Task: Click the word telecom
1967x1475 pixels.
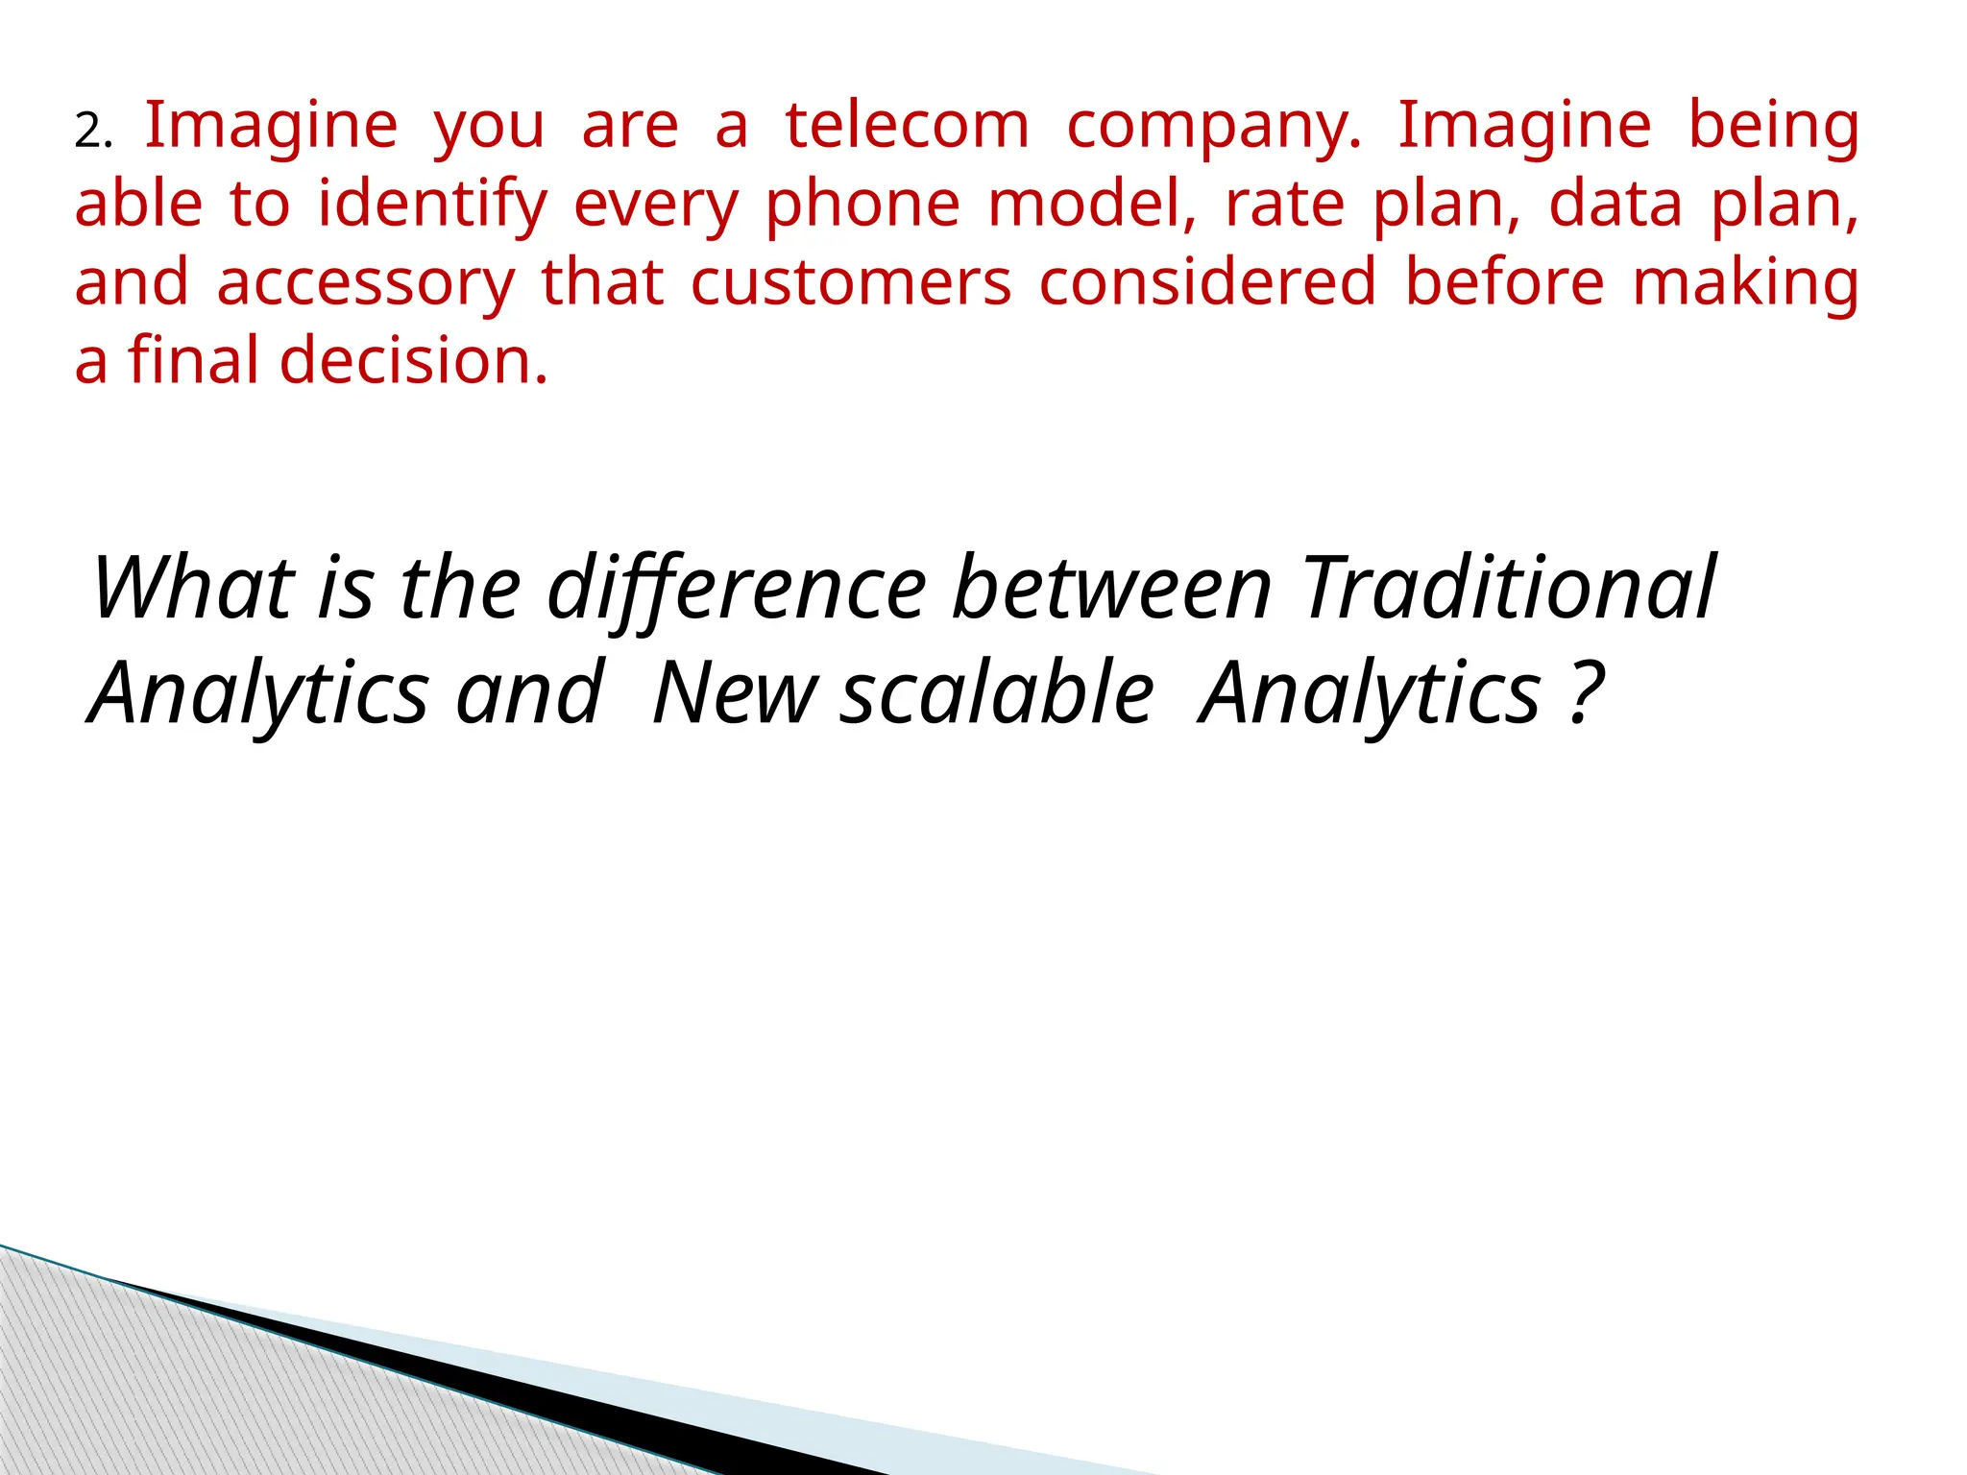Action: [x=907, y=126]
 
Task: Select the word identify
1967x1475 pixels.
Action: [x=432, y=206]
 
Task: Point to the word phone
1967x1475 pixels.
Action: [x=862, y=206]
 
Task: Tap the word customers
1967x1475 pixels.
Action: [x=851, y=283]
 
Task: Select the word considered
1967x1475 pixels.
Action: [x=1208, y=282]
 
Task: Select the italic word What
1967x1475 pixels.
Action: [x=193, y=588]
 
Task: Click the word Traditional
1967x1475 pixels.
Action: [x=1509, y=588]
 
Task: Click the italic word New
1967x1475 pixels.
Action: [x=733, y=693]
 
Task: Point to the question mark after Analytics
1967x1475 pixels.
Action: [x=1585, y=693]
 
